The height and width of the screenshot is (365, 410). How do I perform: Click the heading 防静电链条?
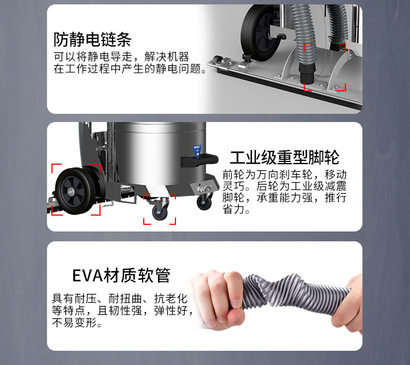[92, 39]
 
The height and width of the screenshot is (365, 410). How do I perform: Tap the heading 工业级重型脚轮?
[284, 158]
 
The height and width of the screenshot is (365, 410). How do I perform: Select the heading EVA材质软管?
[121, 275]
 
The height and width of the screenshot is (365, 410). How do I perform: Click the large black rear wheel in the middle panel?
[76, 190]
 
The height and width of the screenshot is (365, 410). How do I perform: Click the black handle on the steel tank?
[200, 160]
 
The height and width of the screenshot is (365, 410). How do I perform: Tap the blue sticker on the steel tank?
[197, 152]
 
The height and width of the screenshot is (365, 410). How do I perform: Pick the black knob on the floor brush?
[247, 57]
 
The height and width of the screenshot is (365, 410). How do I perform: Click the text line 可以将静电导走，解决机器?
[121, 56]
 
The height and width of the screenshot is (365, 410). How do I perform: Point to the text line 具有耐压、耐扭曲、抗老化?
[120, 298]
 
